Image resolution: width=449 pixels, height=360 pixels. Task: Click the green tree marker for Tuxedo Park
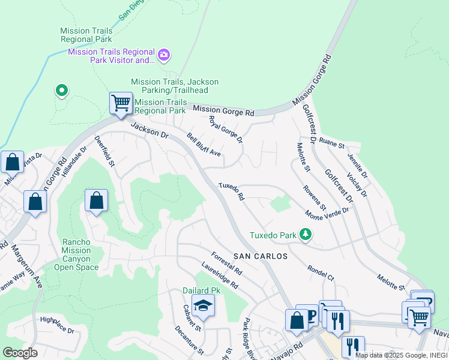306,234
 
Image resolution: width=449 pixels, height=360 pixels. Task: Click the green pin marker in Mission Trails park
61,91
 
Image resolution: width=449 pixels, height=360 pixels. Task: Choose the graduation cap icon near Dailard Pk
203,306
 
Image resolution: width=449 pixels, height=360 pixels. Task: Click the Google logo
20,352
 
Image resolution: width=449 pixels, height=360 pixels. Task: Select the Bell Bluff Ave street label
203,145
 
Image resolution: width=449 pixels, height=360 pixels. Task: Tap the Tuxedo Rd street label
232,191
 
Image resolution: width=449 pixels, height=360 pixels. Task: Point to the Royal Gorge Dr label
225,130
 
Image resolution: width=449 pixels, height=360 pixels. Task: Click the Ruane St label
332,145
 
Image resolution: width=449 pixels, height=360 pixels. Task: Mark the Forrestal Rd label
226,262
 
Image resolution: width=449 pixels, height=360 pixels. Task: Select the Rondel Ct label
320,272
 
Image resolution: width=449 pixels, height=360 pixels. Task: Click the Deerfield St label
104,151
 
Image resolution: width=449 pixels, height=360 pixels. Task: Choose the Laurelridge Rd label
221,277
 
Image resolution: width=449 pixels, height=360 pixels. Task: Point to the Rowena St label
315,197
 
